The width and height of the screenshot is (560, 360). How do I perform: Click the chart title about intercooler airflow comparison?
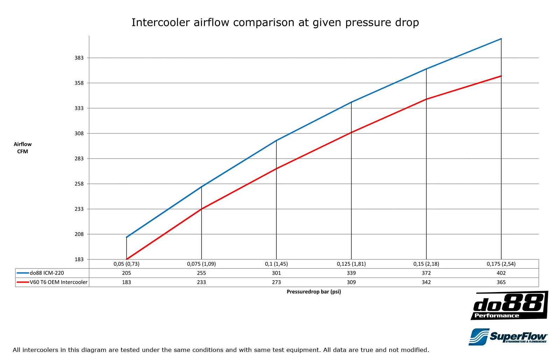(275, 22)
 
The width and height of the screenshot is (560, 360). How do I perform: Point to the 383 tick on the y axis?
(79, 58)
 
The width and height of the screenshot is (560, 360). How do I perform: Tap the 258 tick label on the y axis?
(79, 184)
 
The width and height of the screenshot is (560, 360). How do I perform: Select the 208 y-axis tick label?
(79, 234)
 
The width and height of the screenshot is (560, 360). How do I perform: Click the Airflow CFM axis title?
(23, 148)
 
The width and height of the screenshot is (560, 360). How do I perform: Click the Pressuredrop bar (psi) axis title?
(314, 292)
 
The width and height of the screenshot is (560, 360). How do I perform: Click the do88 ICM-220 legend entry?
(47, 273)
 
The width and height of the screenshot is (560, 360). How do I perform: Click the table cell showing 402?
(501, 273)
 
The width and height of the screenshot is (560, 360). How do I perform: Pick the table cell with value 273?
(276, 282)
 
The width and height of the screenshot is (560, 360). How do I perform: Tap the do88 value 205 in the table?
(126, 273)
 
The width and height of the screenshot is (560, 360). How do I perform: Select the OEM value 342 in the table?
(426, 282)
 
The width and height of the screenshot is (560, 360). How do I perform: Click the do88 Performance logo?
(509, 306)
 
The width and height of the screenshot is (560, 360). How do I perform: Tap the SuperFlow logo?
(508, 337)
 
